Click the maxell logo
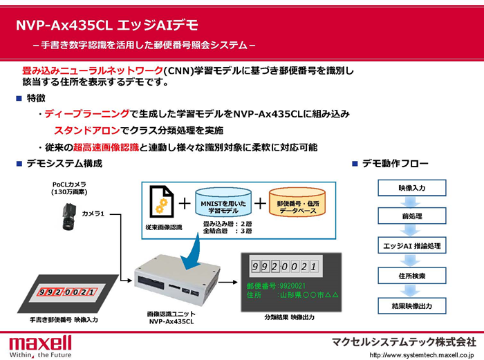(40, 347)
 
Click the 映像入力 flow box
(412, 188)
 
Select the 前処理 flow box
(412, 216)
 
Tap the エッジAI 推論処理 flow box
(412, 245)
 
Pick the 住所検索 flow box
(412, 276)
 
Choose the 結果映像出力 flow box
(412, 305)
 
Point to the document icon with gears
(161, 202)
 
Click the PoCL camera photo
(68, 217)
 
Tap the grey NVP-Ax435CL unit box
(177, 280)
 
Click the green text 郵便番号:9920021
(276, 286)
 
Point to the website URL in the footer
(421, 355)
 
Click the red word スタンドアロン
(87, 131)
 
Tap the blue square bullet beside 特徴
(19, 98)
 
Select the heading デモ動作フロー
(395, 163)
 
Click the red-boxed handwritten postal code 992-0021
(67, 292)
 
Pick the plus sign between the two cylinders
(260, 204)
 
